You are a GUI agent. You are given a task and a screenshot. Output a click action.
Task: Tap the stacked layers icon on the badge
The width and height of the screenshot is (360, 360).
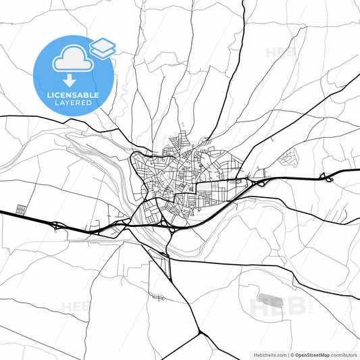click(102, 47)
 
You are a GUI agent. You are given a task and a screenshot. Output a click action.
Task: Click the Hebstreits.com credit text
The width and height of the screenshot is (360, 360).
click(267, 353)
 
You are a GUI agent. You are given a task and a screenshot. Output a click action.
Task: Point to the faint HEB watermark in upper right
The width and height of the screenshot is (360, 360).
click(278, 52)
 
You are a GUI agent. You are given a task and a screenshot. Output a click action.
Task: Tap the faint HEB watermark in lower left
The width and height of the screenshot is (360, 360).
click(76, 307)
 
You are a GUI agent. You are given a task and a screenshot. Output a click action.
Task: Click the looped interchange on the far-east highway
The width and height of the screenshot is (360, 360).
click(326, 178)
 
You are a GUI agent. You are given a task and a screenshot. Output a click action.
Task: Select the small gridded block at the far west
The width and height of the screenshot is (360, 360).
click(21, 209)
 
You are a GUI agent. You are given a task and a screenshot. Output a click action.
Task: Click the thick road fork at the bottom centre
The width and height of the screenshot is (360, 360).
click(200, 333)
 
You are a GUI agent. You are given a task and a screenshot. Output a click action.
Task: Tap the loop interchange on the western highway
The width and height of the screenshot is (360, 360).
click(56, 225)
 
